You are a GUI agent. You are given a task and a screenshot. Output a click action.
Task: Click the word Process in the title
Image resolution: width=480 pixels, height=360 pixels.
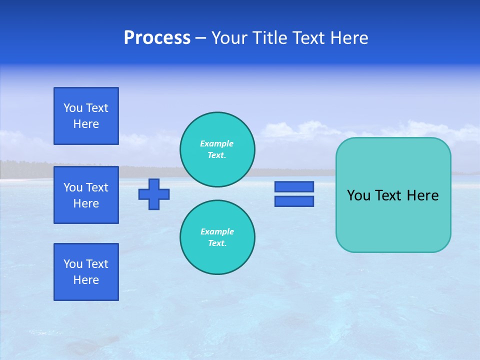point(157,38)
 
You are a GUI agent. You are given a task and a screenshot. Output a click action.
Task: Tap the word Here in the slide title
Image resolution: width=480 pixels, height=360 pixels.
point(349,38)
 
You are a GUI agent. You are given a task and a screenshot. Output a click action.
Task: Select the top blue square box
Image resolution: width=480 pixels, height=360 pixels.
point(86,116)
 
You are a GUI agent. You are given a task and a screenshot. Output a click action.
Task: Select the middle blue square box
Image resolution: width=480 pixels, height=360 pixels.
point(86,195)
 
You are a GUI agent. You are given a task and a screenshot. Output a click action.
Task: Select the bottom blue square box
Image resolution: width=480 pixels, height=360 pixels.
point(86,272)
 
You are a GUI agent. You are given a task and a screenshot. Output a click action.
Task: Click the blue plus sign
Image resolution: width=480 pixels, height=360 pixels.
point(154,194)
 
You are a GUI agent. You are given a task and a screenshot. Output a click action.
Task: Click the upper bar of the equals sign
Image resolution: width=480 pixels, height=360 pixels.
point(294,186)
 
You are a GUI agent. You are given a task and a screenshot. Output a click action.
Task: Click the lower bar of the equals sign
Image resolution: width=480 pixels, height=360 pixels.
point(294,201)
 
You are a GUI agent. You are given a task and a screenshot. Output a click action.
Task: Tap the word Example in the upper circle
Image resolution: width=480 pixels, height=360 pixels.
point(217,143)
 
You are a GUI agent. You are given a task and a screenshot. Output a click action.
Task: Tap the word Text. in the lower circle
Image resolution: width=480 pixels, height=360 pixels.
point(217,243)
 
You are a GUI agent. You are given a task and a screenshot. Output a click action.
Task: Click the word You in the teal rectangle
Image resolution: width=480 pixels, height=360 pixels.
point(358,195)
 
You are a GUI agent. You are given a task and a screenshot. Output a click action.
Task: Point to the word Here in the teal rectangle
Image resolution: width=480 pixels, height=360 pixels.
point(422,195)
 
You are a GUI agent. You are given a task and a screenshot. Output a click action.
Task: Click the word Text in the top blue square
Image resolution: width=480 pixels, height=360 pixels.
point(97,108)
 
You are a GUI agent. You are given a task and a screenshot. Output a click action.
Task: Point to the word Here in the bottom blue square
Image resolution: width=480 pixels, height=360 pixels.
point(86,280)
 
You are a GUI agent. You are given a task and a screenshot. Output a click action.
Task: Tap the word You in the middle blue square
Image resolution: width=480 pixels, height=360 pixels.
point(73,187)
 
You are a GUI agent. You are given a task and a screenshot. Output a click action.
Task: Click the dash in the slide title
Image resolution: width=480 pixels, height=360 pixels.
point(201,38)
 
